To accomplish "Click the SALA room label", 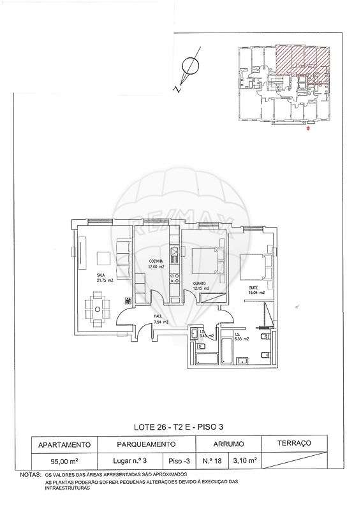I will click(x=83, y=275).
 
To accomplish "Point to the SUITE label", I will click(x=254, y=288).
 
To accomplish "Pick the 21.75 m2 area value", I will click(x=87, y=280).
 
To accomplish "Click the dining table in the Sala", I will click(x=97, y=308).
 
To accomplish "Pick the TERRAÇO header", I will click(x=294, y=442).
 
